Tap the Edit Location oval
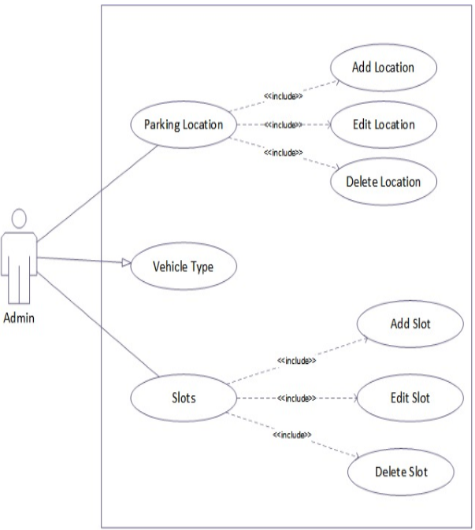(x=383, y=124)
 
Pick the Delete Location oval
(x=383, y=181)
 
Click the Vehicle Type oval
(x=182, y=267)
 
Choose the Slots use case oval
(x=182, y=398)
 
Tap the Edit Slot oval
(x=410, y=398)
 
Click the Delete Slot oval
(x=402, y=472)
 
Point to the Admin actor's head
(x=20, y=217)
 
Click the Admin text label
(x=20, y=318)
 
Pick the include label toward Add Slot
(x=296, y=361)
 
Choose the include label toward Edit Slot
(x=296, y=398)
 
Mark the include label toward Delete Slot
(x=291, y=435)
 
